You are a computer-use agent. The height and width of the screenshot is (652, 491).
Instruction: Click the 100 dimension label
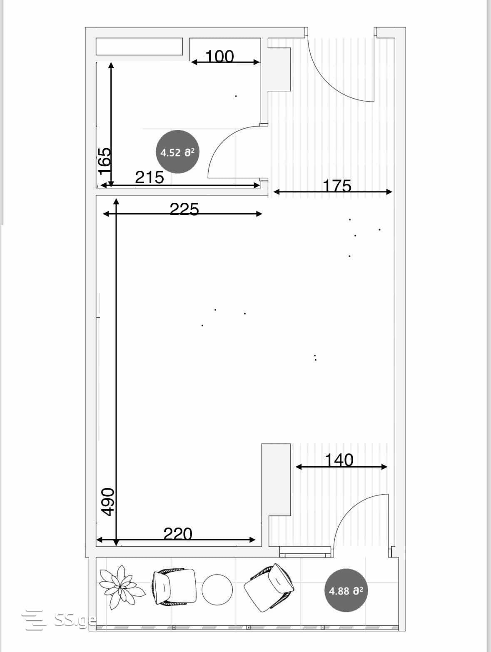[x=219, y=56]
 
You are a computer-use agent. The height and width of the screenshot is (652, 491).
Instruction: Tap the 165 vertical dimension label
[x=105, y=161]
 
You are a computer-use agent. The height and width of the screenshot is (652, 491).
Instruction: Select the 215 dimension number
[x=150, y=178]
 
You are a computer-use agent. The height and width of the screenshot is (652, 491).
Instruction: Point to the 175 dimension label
[x=337, y=186]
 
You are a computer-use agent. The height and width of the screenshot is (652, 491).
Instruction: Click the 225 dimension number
[x=184, y=209]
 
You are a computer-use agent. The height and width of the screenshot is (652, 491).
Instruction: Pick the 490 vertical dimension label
[x=107, y=502]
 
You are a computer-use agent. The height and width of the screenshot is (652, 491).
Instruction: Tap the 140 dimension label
[x=339, y=460]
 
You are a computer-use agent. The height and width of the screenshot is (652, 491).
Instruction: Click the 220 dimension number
[x=178, y=534]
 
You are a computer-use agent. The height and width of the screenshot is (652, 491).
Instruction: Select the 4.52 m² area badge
[x=178, y=152]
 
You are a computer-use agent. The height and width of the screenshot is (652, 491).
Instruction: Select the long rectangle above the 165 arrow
[x=139, y=46]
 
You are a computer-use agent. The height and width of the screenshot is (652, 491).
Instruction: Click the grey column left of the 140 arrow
[x=276, y=480]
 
